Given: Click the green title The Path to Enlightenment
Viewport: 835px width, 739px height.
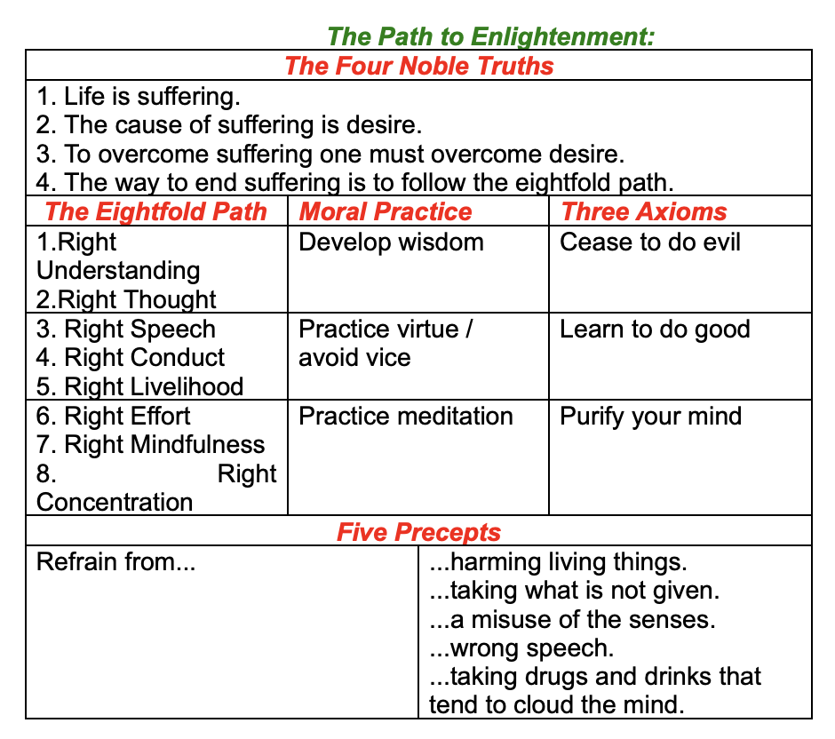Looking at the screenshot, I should (x=491, y=36).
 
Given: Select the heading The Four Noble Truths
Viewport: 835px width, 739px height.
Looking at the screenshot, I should (x=418, y=66).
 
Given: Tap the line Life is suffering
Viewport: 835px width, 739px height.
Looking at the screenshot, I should (x=139, y=96).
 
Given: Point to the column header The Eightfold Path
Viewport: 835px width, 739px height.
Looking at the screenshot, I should (x=155, y=211).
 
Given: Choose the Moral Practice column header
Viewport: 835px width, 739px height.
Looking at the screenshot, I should (x=386, y=211).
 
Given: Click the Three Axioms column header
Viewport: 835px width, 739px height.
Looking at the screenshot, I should (x=643, y=211).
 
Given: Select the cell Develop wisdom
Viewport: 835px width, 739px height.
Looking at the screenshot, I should (x=391, y=242).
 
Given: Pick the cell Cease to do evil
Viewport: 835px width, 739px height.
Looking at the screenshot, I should (x=650, y=242).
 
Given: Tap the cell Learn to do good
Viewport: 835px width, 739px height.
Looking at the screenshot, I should (x=655, y=329).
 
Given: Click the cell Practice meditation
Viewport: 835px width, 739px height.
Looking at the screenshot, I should (x=406, y=416).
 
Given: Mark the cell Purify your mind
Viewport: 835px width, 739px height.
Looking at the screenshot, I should (x=650, y=416).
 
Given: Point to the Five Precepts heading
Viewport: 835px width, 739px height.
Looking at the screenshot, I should (x=418, y=532).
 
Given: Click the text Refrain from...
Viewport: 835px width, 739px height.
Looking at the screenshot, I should (x=115, y=561).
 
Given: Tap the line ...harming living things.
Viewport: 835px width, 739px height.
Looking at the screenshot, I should (x=558, y=561).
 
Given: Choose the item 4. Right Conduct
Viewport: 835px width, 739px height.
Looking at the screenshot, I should (x=131, y=358).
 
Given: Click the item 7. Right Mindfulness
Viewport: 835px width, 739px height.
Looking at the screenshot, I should (x=151, y=445).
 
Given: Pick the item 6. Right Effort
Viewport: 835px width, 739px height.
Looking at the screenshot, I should (x=114, y=416).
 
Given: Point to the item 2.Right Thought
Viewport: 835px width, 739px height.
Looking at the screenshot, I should (x=127, y=299).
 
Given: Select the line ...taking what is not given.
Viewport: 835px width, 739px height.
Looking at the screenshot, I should (x=574, y=590).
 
